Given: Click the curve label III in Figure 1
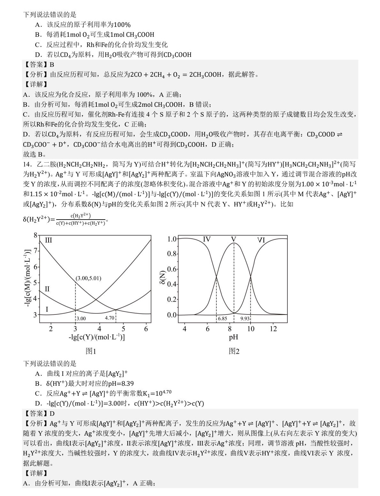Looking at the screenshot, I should click(x=49, y=240).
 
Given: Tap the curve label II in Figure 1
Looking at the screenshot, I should click(x=47, y=289).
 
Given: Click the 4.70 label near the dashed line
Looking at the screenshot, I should click(x=109, y=318).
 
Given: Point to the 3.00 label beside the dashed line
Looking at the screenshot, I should click(x=81, y=318).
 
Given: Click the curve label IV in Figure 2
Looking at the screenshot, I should click(x=207, y=239).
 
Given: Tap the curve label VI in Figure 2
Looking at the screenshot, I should click(x=261, y=240).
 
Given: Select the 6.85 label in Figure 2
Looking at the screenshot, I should click(x=222, y=319).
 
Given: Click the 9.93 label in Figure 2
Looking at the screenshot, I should click(x=245, y=319).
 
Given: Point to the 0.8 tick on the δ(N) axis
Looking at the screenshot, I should click(x=172, y=254).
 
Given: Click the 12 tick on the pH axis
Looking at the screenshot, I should click(x=273, y=329).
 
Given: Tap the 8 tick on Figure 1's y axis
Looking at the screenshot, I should click(x=35, y=236).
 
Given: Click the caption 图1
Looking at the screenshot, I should click(x=91, y=351).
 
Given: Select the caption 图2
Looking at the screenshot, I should click(x=234, y=351).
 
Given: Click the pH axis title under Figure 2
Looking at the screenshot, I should click(x=233, y=337).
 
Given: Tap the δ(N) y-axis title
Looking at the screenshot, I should click(x=163, y=277).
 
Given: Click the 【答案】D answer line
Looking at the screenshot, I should click(x=39, y=414).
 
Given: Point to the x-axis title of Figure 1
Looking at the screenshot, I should click(x=97, y=337).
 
